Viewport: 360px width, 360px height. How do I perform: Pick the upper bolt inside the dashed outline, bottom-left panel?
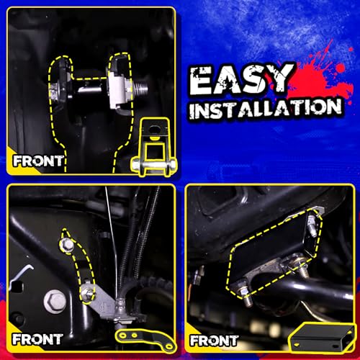tap(67, 245)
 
